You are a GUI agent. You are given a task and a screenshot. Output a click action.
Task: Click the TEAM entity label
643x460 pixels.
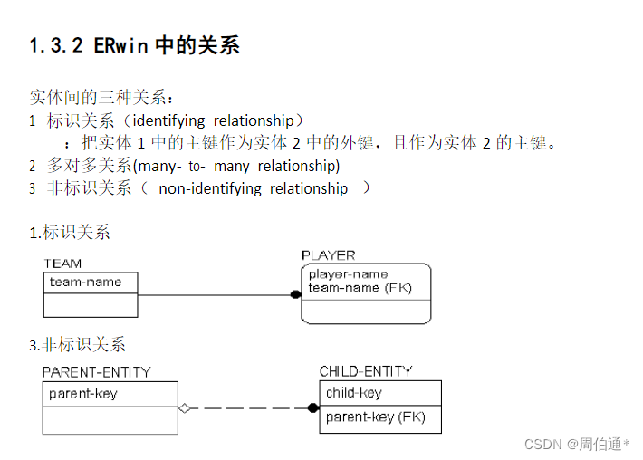click(62, 264)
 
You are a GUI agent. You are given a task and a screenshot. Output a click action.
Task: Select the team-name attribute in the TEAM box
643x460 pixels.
click(85, 282)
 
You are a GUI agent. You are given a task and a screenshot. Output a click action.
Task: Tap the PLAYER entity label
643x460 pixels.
click(328, 255)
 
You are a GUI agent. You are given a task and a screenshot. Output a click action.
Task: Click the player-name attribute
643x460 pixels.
click(348, 273)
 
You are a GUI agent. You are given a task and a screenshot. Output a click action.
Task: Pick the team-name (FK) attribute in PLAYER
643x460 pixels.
click(360, 287)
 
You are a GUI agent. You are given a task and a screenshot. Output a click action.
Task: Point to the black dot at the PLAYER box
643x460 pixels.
click(295, 294)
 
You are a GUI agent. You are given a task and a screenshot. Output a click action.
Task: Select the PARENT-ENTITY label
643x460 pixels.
click(96, 372)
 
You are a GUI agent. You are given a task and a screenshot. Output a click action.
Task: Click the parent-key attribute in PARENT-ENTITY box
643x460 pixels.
click(83, 394)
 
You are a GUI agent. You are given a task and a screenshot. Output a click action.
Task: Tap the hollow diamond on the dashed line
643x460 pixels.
click(185, 408)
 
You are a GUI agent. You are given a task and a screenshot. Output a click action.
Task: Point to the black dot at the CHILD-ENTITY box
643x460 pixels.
click(313, 408)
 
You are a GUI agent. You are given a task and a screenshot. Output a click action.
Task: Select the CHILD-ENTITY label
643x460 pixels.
click(365, 371)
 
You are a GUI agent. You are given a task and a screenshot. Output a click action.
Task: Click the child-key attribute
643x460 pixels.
click(354, 393)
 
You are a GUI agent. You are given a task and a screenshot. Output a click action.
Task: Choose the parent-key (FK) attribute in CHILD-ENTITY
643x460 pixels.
click(375, 417)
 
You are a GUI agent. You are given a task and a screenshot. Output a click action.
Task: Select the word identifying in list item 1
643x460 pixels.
click(170, 120)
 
